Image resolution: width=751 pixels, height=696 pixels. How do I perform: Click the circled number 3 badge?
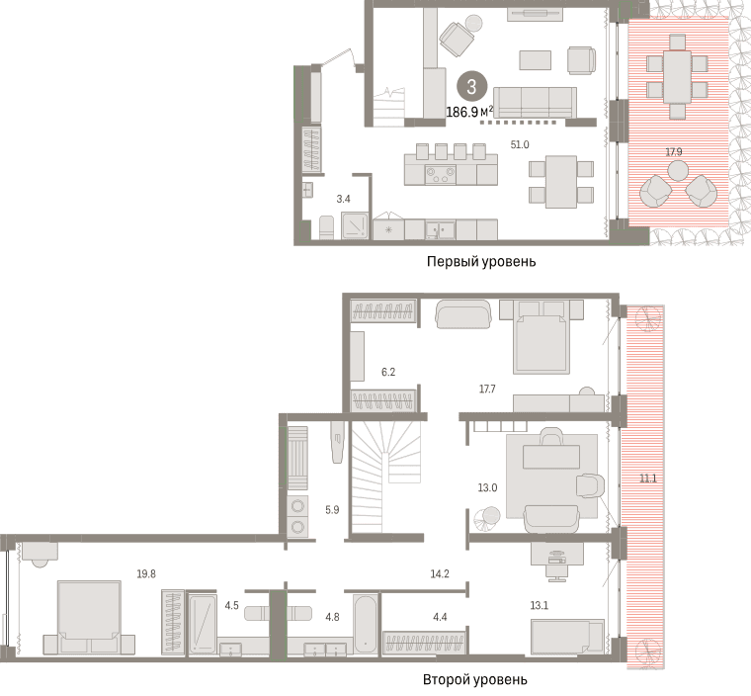(471, 87)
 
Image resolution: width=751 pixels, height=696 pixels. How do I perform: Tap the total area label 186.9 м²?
(469, 112)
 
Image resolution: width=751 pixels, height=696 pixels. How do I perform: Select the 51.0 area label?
(520, 144)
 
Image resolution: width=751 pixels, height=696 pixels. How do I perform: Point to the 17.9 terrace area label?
(674, 152)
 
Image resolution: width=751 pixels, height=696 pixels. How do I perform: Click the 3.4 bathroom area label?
(344, 199)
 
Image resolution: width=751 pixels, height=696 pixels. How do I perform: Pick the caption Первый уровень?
(481, 262)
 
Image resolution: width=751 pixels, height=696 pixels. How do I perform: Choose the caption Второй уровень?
(475, 680)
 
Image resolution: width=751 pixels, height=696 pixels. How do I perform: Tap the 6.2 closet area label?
(388, 372)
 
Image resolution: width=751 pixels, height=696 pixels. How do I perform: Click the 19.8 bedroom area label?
(146, 573)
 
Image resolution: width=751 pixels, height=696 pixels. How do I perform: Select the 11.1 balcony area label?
(648, 478)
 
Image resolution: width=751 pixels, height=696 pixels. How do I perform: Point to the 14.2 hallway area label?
(440, 573)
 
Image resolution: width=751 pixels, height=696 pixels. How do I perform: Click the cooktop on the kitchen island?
(441, 175)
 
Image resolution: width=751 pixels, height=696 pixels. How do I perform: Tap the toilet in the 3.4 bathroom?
(326, 227)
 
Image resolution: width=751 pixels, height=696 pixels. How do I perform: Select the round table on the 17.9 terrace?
(678, 170)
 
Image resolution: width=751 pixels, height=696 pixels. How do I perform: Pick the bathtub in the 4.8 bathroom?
(365, 623)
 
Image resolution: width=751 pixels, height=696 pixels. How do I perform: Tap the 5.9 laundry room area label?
(332, 510)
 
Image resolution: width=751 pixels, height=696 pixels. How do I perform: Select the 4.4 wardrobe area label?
(440, 617)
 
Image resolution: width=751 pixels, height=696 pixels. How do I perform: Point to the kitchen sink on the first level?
(441, 229)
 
